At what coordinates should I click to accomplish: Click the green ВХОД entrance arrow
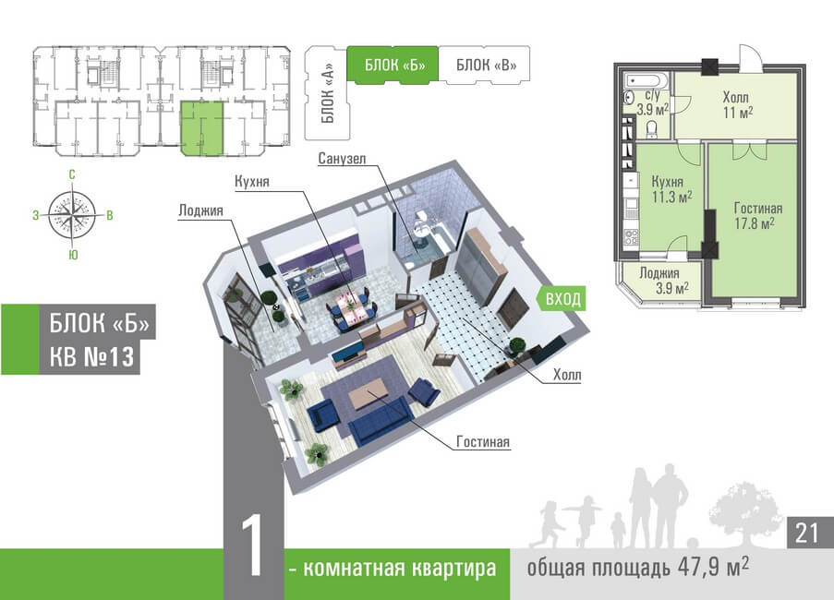(x=562, y=299)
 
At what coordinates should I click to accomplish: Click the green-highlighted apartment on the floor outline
(x=201, y=128)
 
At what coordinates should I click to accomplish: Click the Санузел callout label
(x=343, y=159)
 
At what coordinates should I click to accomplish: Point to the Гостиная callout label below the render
(x=482, y=442)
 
